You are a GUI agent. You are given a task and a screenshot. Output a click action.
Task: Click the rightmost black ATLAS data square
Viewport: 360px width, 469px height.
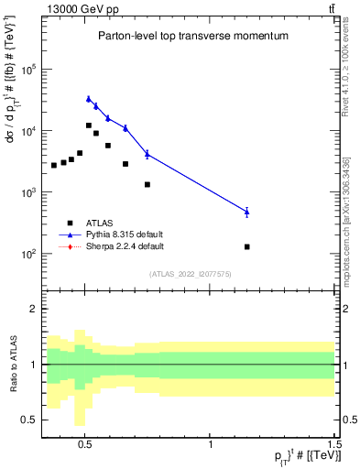pos(247,246)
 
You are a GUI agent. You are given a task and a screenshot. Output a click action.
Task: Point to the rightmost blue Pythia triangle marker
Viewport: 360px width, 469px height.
pos(247,212)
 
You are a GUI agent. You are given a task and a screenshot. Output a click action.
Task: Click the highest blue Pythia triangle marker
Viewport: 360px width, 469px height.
pos(89,99)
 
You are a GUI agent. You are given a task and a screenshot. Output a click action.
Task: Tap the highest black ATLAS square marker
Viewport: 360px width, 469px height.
pos(89,125)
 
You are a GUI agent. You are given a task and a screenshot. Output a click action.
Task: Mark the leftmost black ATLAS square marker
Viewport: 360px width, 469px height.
pos(54,165)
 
